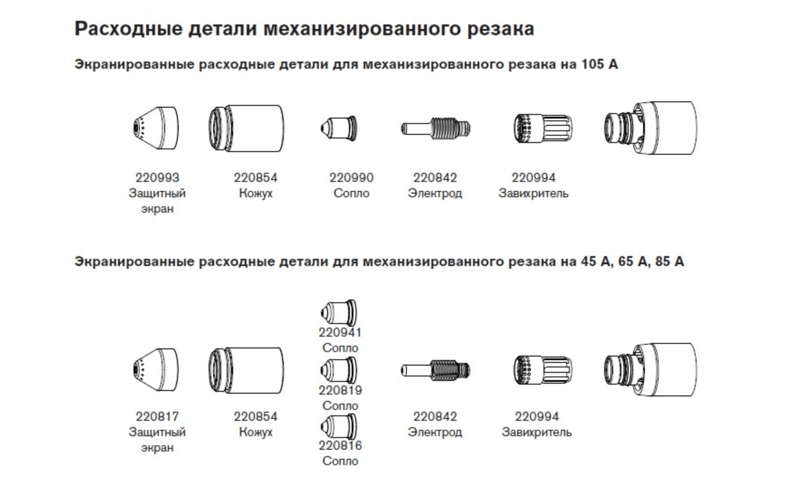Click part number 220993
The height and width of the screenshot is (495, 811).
(157, 177)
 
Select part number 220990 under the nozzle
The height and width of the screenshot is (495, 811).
(351, 177)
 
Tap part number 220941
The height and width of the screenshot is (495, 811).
(340, 333)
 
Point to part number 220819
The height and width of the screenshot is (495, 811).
(340, 390)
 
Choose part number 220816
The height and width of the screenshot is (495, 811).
(340, 446)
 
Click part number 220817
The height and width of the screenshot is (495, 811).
(157, 416)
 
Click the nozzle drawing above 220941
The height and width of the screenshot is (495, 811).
(338, 313)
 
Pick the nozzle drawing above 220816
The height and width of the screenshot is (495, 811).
(338, 427)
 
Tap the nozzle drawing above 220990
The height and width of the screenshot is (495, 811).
(338, 128)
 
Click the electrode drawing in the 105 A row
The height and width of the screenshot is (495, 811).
(435, 129)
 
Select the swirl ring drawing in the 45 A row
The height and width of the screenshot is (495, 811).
(543, 370)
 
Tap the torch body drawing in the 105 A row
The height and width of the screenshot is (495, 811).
(650, 129)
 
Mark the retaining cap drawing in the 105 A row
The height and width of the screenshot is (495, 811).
(246, 129)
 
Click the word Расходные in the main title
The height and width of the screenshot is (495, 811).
(129, 29)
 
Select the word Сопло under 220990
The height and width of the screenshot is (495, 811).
(351, 193)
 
